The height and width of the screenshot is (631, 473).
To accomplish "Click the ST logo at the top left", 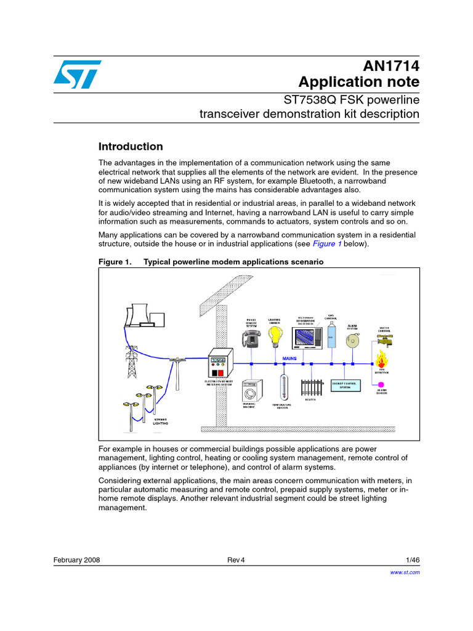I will click(75, 75).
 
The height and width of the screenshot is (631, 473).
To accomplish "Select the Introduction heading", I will click(131, 147).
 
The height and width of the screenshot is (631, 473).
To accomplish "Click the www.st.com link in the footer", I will click(405, 572).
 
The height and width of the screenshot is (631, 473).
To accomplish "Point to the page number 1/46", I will click(413, 560).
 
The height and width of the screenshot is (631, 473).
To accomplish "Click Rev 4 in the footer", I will click(236, 560).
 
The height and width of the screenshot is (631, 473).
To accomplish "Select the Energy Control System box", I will click(347, 385).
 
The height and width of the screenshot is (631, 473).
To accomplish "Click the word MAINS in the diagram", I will click(290, 357).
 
